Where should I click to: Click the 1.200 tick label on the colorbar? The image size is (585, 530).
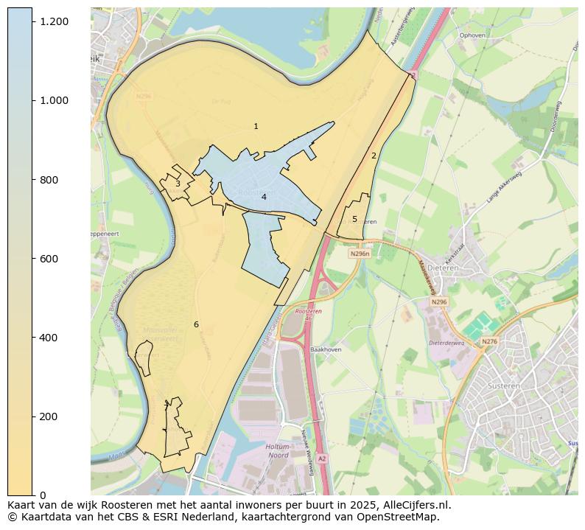coord(55,21)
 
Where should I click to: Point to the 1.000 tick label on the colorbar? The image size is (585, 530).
coord(55,100)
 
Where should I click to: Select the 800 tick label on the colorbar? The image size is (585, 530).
coord(49,180)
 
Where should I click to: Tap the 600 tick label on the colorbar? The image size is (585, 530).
coord(49,259)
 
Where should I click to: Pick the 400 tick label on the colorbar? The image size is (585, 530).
coord(49,338)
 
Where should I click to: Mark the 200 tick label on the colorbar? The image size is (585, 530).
coord(49,416)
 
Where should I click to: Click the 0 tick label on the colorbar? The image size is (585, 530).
coord(43,495)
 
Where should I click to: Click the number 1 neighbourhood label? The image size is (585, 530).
coord(256,127)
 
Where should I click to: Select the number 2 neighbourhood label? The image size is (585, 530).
coord(374,156)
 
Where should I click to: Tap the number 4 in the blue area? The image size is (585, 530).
coord(264,197)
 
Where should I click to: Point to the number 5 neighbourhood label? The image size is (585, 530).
coord(354,219)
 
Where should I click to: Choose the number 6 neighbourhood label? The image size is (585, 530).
coord(196,324)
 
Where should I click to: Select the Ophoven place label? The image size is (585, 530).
coord(472,35)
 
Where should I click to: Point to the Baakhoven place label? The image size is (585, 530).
coord(326,349)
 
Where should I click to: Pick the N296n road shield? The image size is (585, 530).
coord(360,254)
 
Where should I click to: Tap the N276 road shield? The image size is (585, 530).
coord(489,341)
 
